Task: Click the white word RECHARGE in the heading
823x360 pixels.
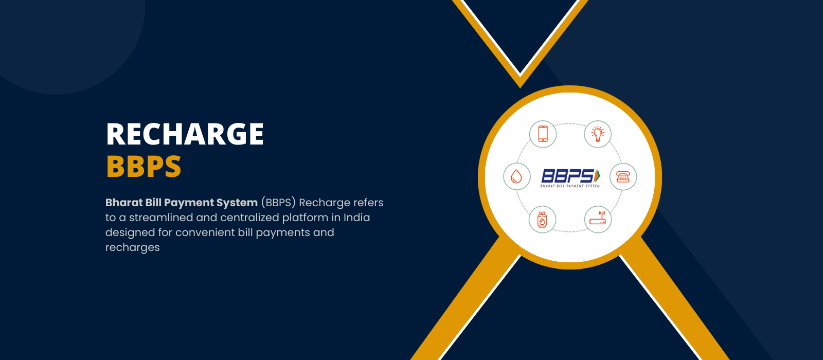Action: click(x=185, y=134)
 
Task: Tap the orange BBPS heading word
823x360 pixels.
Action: click(x=144, y=167)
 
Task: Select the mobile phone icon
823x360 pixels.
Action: click(x=543, y=134)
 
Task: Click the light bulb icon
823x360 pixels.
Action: click(x=598, y=134)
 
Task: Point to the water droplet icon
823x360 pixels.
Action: click(x=516, y=177)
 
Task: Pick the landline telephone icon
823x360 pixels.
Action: click(x=623, y=177)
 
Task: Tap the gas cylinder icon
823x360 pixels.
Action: click(x=542, y=220)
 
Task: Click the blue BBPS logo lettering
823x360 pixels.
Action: click(x=567, y=176)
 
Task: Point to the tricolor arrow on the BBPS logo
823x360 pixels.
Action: click(x=597, y=175)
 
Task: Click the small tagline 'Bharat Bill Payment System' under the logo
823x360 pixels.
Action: click(x=570, y=186)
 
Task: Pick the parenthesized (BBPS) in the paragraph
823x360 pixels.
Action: click(x=278, y=203)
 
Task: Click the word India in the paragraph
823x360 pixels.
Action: click(x=357, y=218)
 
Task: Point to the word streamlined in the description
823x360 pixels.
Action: click(x=161, y=218)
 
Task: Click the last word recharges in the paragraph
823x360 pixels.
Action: click(x=133, y=248)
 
